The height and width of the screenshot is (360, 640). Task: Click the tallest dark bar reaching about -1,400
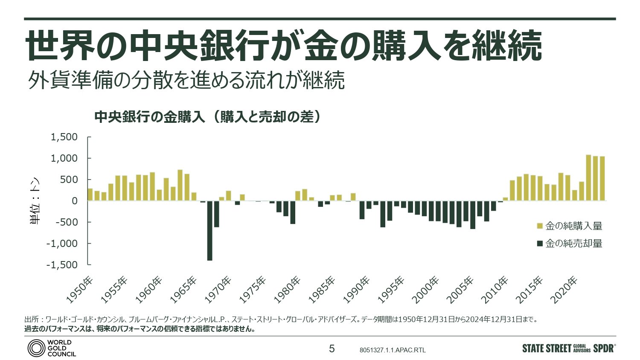(209, 230)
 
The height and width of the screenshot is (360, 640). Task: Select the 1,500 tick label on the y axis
(64, 137)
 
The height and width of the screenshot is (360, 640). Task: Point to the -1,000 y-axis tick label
(62, 244)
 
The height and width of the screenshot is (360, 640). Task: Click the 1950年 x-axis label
(80, 290)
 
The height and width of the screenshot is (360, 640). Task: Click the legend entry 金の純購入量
(573, 226)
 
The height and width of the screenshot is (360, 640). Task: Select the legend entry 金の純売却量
(573, 244)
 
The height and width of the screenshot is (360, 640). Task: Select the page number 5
(332, 349)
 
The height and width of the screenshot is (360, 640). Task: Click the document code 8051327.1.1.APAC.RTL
(393, 350)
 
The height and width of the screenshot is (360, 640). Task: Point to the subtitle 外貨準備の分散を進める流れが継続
(186, 80)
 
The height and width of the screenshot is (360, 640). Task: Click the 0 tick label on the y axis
(75, 201)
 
